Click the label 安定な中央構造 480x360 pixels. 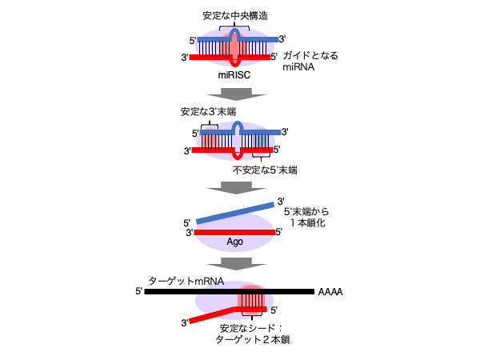[x=235, y=16]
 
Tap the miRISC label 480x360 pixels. [x=234, y=75]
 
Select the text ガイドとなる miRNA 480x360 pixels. [x=310, y=62]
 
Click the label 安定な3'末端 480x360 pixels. [x=208, y=112]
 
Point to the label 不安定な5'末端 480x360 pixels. [x=265, y=170]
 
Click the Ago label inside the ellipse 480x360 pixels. [x=234, y=242]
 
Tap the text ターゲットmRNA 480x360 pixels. [x=186, y=281]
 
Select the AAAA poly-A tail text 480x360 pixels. [x=330, y=292]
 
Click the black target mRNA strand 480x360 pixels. [x=230, y=291]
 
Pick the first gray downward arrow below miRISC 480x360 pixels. [x=236, y=94]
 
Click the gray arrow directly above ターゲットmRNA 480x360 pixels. [x=236, y=263]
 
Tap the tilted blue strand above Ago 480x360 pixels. [x=235, y=213]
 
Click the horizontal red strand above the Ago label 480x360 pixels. [x=234, y=232]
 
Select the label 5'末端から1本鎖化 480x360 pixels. [x=306, y=218]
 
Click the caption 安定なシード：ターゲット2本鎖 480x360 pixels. [x=252, y=334]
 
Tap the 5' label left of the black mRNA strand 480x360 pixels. [x=139, y=291]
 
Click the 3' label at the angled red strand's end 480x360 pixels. [x=185, y=322]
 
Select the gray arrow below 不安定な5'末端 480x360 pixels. [x=236, y=188]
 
